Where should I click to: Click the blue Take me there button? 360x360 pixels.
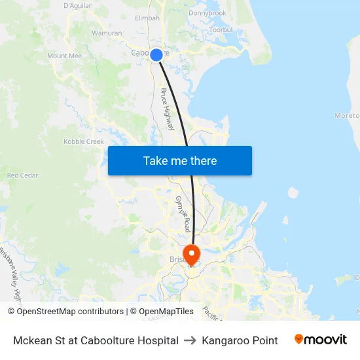click(180, 160)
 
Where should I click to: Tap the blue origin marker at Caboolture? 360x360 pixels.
click(156, 55)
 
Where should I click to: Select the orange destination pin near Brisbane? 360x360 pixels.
click(191, 254)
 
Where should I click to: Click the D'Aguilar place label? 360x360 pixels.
click(77, 5)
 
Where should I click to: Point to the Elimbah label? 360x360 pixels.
click(147, 18)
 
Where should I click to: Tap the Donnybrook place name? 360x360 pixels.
click(207, 13)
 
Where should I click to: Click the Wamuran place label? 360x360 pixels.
click(107, 33)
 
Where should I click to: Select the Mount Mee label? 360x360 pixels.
click(65, 56)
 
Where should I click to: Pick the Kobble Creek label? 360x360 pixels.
click(84, 141)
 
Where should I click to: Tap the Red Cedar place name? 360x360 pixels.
click(22, 175)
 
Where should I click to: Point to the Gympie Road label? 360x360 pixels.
click(182, 213)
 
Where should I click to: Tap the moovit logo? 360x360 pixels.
click(321, 340)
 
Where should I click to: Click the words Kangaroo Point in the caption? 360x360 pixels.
click(240, 340)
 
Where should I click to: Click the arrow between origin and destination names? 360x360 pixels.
click(190, 340)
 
